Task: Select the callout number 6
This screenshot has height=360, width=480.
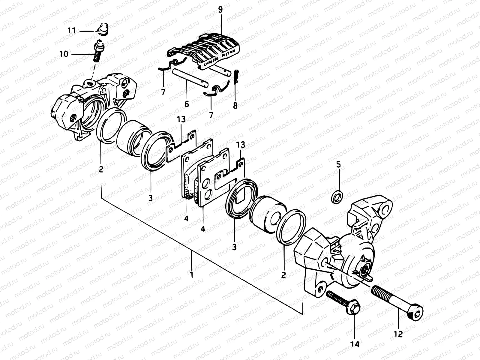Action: click(x=187, y=104)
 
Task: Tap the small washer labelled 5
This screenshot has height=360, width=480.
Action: click(x=338, y=197)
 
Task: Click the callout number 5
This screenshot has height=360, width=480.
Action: click(x=338, y=164)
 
